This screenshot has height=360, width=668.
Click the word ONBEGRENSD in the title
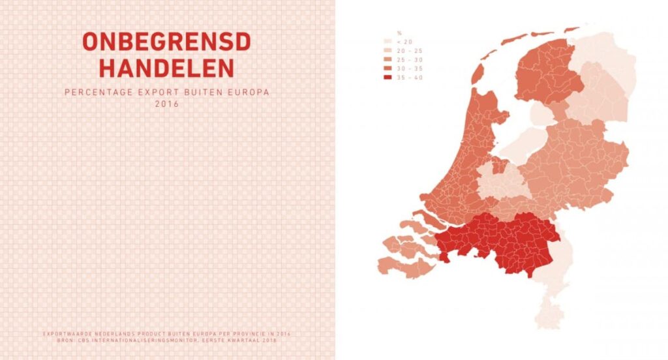click(x=166, y=42)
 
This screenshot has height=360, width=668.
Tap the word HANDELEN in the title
click(x=166, y=67)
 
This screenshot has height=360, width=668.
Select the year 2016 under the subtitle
click(x=166, y=103)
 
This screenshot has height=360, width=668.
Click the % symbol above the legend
click(x=398, y=33)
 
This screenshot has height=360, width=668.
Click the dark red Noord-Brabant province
click(x=496, y=241)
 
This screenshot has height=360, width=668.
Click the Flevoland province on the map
click(x=522, y=140)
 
